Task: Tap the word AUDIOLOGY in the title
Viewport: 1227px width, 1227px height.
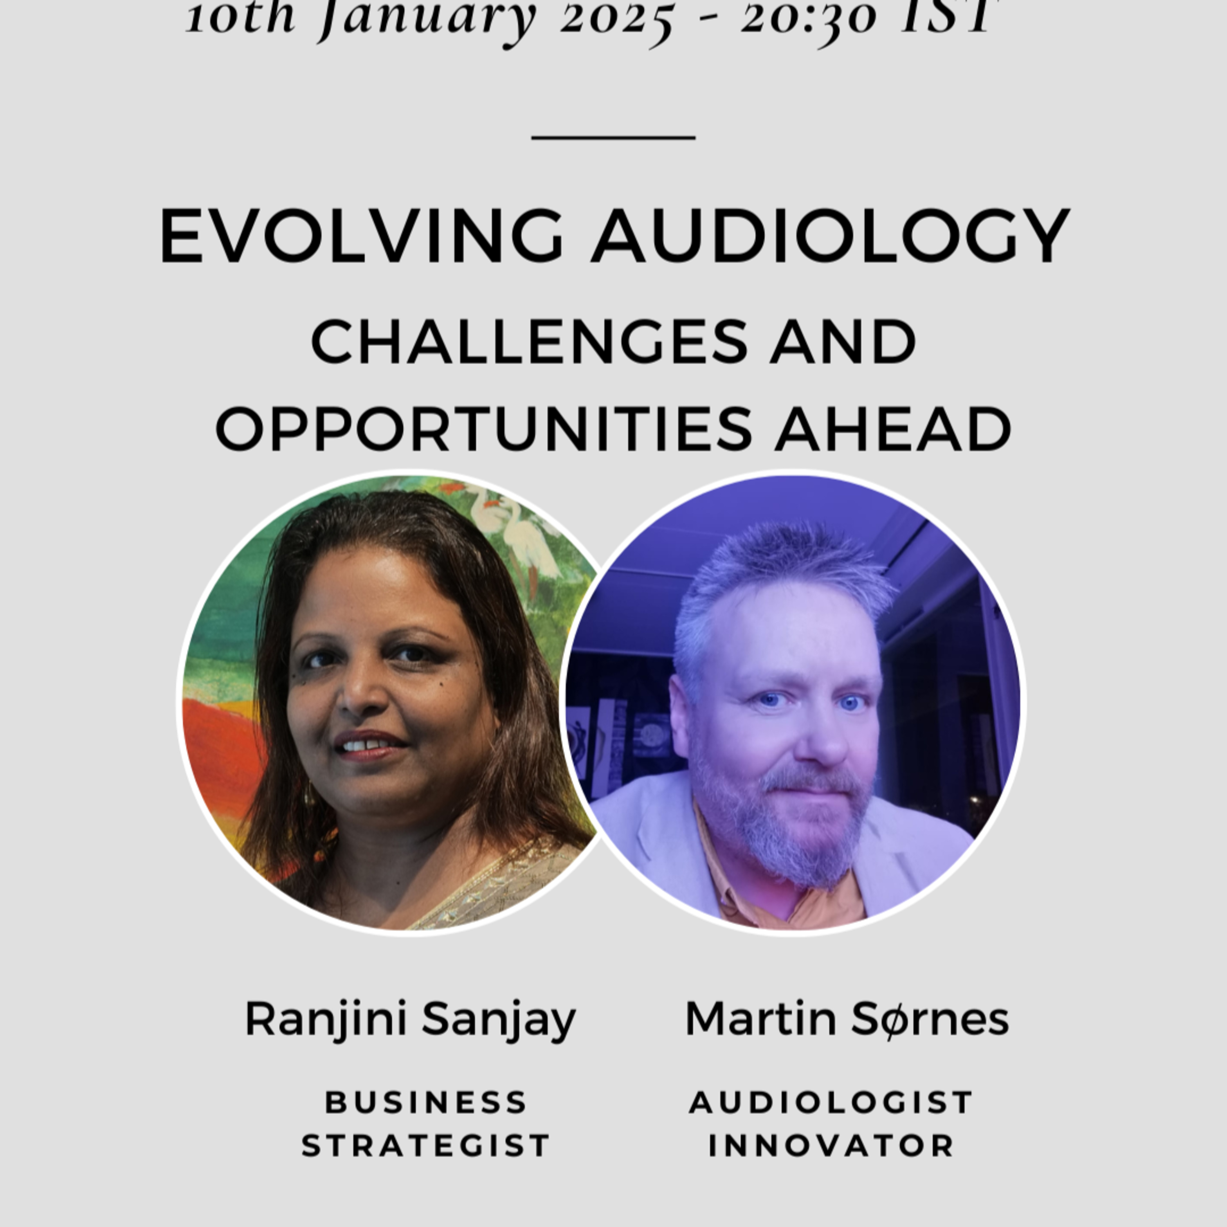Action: coord(831,235)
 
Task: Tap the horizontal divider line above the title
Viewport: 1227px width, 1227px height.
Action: coord(613,137)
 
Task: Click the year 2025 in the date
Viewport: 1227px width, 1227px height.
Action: coord(616,19)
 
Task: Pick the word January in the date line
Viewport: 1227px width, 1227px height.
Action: coord(429,19)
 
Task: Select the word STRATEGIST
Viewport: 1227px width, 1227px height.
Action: coord(425,1146)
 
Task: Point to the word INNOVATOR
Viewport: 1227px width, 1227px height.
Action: coord(831,1146)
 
